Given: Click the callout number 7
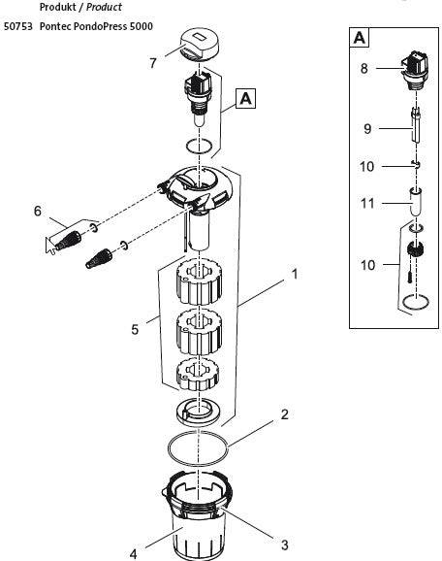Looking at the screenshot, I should (x=152, y=63).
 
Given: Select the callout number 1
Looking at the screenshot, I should (x=294, y=275).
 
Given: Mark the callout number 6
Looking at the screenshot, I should (x=37, y=211).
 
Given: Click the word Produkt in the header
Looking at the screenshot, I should (x=55, y=7).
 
